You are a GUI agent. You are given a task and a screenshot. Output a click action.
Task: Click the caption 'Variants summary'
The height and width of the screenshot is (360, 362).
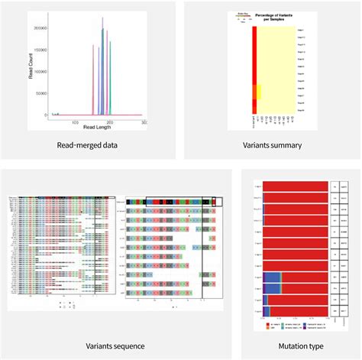tap(271, 144)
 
